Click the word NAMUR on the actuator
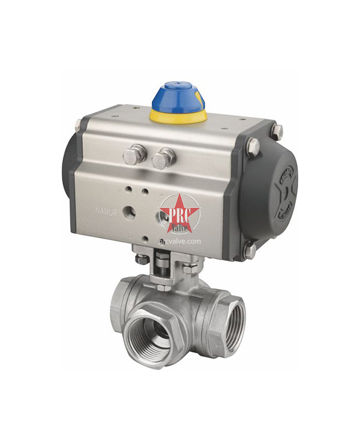[104, 211]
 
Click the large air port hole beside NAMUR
[129, 212]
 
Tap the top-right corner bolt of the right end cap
[277, 130]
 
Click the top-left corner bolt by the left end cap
[79, 124]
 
